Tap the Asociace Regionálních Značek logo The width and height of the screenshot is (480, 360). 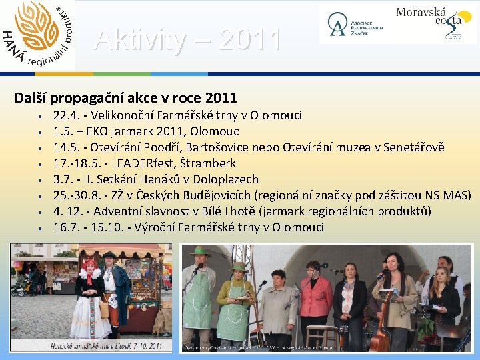(x=351, y=24)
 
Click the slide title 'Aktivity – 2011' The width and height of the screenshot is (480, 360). (x=187, y=40)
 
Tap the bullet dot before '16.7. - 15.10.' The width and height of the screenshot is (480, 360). (x=41, y=228)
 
